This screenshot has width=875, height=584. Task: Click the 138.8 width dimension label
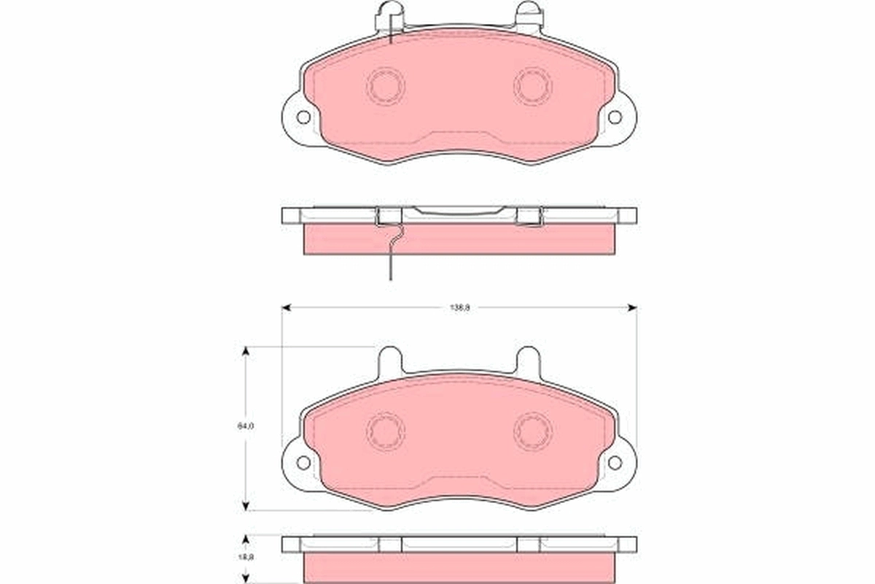[x=459, y=308]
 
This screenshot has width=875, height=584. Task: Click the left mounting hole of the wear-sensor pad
[x=303, y=117]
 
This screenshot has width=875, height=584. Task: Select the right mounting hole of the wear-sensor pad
[x=615, y=117]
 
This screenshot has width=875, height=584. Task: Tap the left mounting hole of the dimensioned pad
[x=303, y=462]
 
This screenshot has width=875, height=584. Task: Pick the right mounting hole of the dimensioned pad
[x=615, y=462]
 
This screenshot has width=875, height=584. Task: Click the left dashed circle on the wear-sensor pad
[x=385, y=86]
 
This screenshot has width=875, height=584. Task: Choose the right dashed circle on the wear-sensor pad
[x=532, y=86]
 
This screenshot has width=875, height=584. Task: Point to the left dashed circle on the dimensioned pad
[x=385, y=431]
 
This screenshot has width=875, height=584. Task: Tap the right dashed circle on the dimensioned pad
[x=532, y=431]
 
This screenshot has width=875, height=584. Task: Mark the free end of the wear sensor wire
[x=391, y=277]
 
